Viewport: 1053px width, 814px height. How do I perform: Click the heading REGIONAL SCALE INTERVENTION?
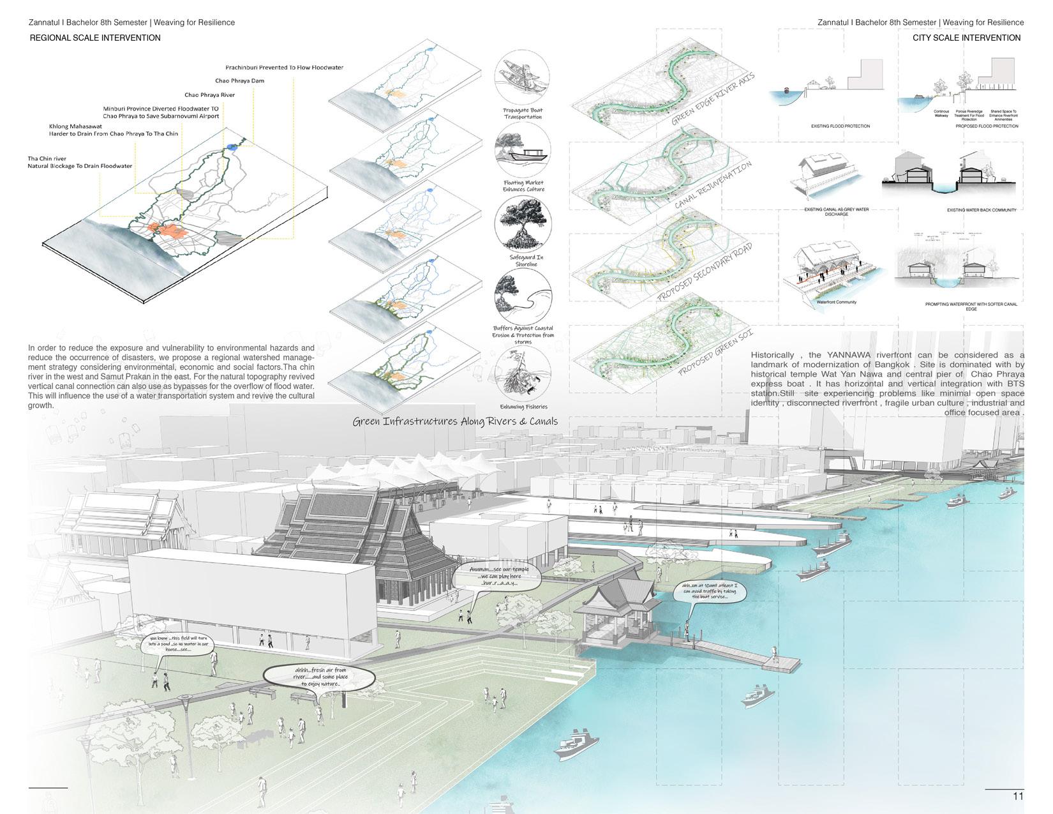pyautogui.click(x=95, y=38)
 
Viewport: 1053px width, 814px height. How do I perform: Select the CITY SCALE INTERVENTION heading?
pyautogui.click(x=966, y=38)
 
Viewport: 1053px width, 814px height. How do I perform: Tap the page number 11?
pyautogui.click(x=1018, y=796)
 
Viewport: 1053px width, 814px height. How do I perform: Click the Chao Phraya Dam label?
pyautogui.click(x=239, y=81)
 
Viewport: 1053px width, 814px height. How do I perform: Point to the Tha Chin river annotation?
pyautogui.click(x=79, y=162)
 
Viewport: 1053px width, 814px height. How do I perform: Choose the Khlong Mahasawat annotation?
pyautogui.click(x=113, y=130)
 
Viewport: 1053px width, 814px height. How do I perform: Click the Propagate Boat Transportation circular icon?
pyautogui.click(x=522, y=79)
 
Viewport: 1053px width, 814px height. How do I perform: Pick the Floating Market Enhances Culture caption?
pyautogui.click(x=523, y=186)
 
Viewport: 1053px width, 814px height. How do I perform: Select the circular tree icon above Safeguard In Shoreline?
pyautogui.click(x=523, y=223)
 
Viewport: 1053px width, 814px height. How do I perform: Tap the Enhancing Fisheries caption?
pyautogui.click(x=523, y=407)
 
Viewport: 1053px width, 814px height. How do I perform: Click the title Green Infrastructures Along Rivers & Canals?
pyautogui.click(x=455, y=421)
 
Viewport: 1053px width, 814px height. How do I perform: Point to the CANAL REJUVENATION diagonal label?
pyautogui.click(x=713, y=185)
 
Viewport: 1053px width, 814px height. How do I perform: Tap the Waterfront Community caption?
pyautogui.click(x=836, y=302)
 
